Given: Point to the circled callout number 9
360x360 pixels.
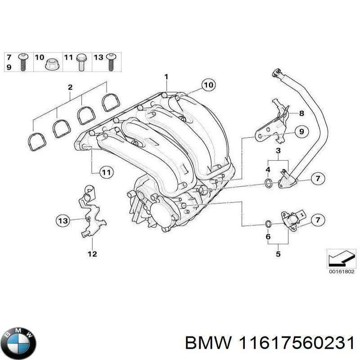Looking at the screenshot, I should (301, 132).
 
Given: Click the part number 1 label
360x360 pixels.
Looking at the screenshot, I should (166, 77).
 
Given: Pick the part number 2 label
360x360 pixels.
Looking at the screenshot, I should (70, 87).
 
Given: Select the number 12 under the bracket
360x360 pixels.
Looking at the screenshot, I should (92, 254).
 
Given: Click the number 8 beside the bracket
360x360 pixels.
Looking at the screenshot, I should (301, 113).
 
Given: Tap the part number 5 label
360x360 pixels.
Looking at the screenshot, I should (278, 254).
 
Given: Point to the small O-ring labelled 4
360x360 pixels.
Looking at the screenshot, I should (268, 183).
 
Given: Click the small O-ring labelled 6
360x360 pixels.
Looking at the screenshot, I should (268, 224).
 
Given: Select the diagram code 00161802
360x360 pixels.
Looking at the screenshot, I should (341, 272).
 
